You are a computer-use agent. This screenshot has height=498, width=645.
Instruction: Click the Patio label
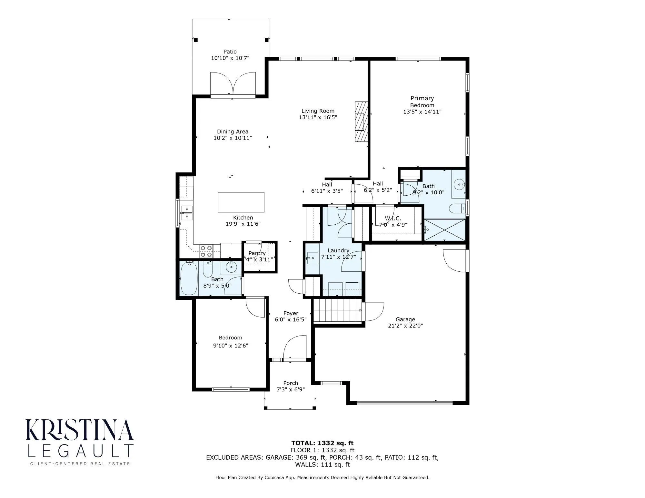coord(230,52)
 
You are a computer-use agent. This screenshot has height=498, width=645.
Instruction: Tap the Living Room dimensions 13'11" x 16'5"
coord(318,118)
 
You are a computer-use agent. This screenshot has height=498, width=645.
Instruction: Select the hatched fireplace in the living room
coord(361,122)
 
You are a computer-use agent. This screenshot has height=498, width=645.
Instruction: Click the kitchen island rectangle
coord(241,202)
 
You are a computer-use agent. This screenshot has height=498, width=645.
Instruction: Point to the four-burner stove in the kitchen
coord(206,251)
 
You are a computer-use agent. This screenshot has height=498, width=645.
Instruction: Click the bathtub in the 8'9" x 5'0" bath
coord(189,278)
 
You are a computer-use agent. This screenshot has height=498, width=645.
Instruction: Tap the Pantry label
coord(257,253)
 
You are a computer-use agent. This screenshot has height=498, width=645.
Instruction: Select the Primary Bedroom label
coord(422,102)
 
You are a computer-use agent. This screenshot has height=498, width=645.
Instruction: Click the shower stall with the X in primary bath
coord(445,229)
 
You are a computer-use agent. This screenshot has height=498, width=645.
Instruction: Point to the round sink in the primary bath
coord(458,185)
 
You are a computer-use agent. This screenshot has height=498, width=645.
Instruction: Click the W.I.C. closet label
coord(393,219)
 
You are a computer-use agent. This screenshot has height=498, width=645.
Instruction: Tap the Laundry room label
coord(338,250)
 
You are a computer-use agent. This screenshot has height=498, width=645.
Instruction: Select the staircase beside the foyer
coord(337,310)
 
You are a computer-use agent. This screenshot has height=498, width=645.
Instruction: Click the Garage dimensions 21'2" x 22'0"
coord(405,326)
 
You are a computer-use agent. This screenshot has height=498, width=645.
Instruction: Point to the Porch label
coord(290,383)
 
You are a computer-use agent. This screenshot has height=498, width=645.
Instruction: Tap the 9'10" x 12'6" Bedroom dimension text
coord(230,346)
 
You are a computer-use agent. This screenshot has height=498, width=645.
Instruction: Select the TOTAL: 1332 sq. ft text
coord(322,443)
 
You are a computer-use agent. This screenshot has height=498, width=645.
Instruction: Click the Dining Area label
coord(233,132)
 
